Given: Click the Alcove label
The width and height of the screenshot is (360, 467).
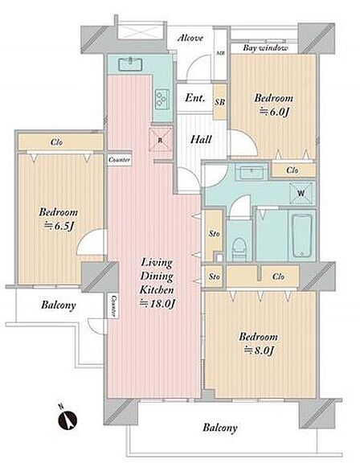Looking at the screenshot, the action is point(190,38).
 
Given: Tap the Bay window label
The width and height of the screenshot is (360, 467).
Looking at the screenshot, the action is point(265,47).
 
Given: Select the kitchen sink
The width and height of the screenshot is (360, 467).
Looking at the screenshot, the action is point(130,64).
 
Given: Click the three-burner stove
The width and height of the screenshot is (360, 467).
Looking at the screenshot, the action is point(162,99).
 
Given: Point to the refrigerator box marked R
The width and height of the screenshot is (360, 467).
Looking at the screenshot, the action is point(161,140).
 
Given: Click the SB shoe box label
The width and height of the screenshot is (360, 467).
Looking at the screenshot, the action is point(220,102).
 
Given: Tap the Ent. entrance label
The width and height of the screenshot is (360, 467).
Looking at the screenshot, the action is point(195,97).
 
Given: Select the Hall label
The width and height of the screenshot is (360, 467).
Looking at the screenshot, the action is point(201,139).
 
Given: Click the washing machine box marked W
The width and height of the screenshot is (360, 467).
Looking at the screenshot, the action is point(301,193).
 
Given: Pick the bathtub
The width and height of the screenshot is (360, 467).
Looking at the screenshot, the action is point(301,236).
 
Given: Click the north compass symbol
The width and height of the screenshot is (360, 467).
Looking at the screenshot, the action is point(67,420).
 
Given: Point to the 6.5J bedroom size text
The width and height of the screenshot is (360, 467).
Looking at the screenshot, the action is point(59,227).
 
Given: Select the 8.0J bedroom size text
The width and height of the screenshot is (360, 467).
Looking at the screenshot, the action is point(259,350).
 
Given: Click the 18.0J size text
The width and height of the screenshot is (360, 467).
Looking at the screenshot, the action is point(157,304).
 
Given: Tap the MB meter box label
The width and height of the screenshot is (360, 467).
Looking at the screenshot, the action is point(221,53).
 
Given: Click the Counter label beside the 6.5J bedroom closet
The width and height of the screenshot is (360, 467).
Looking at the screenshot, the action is point(120,160).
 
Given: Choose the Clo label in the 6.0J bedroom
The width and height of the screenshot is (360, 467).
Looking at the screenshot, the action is point(292,170).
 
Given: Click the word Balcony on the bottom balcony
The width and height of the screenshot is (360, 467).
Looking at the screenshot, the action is point(220,428).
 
